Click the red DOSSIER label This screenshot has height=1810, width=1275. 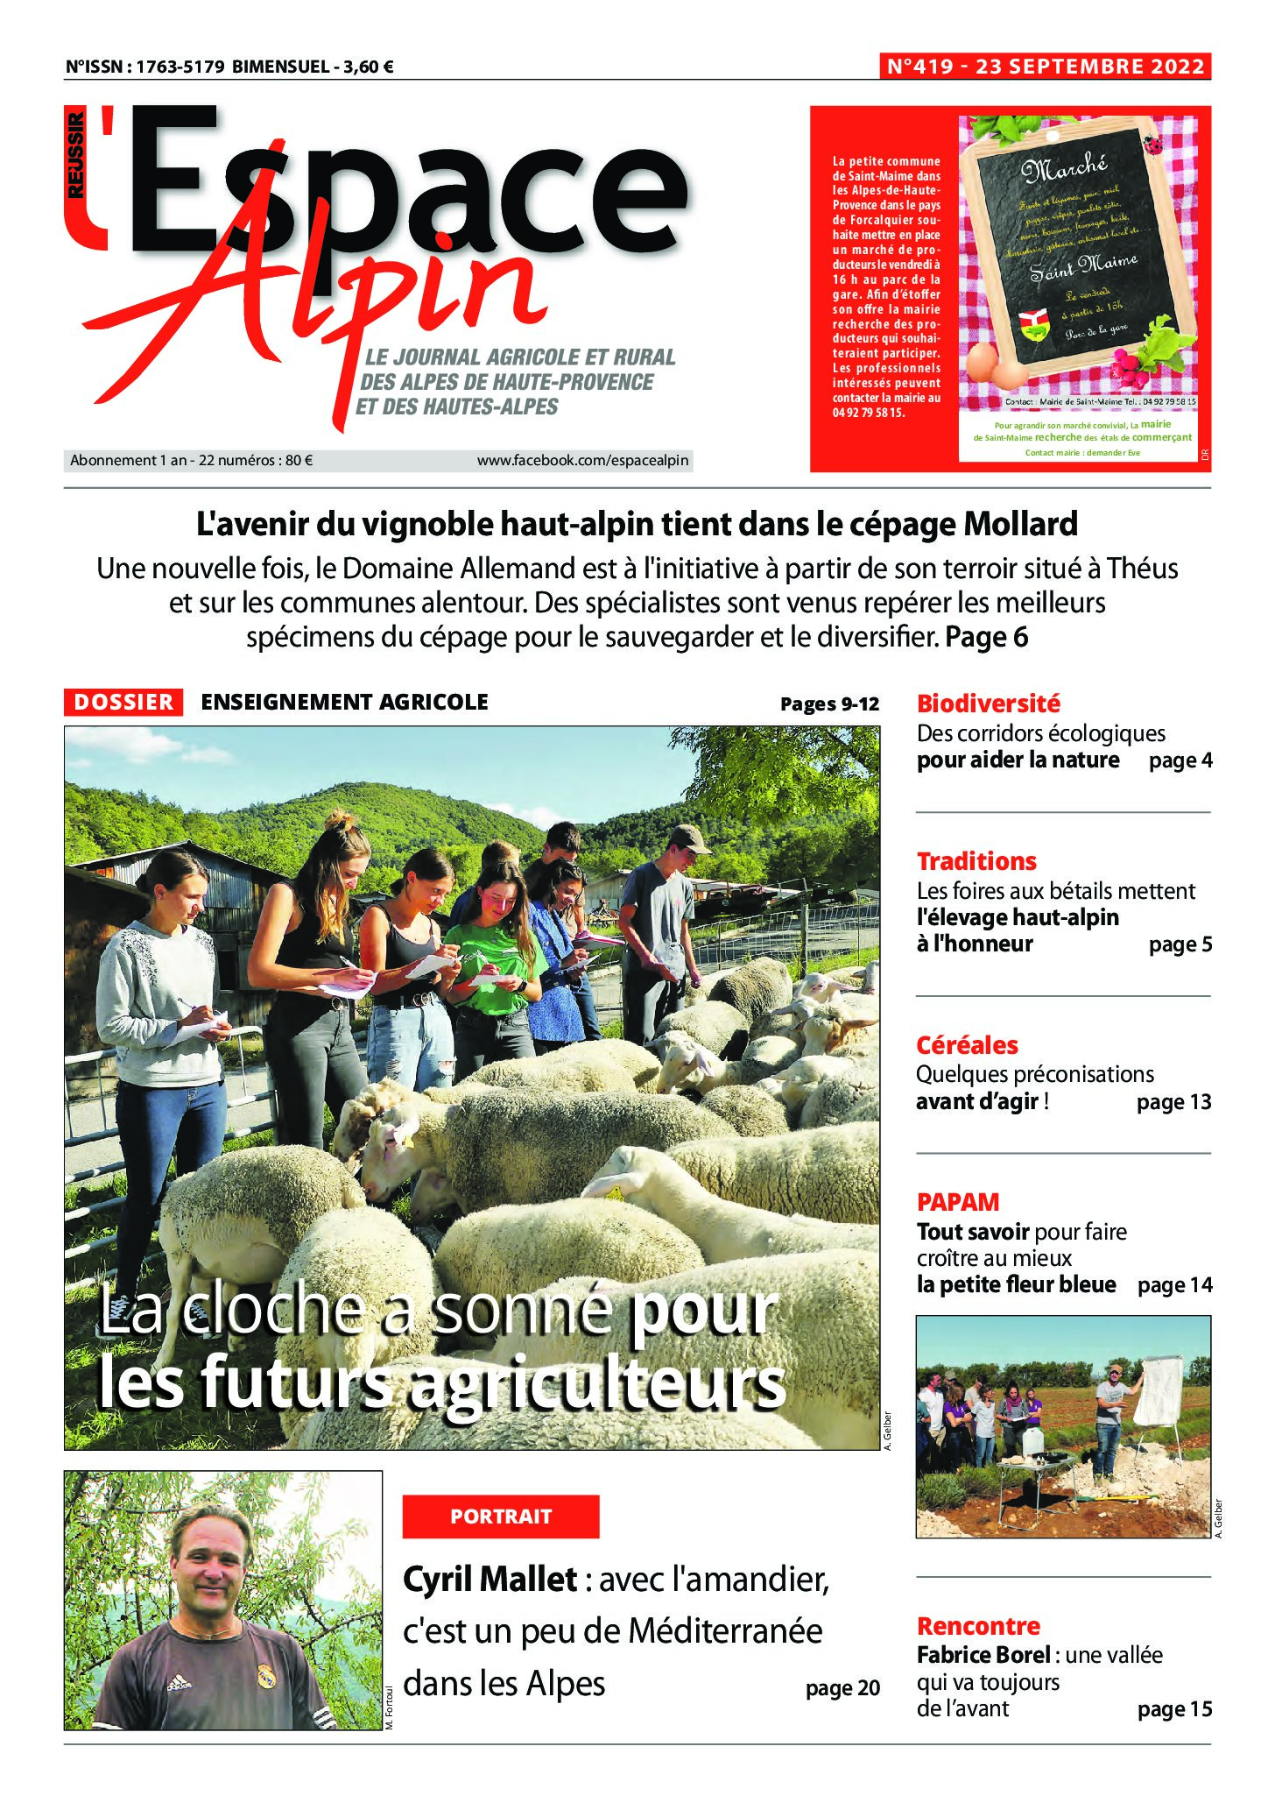[123, 702]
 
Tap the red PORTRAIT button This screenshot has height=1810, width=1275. [501, 1517]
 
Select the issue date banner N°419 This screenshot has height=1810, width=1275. [1046, 67]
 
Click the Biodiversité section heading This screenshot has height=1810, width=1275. [988, 703]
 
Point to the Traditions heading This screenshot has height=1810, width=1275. [976, 861]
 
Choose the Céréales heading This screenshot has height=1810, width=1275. [967, 1045]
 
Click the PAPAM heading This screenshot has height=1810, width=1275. [958, 1202]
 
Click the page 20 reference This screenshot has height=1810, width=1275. [842, 1688]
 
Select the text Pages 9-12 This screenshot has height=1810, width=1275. [829, 703]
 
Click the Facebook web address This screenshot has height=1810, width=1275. [582, 460]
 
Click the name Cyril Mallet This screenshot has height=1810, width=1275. [490, 1580]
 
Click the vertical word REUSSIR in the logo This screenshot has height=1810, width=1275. [77, 153]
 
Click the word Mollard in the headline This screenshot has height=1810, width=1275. [1020, 524]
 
